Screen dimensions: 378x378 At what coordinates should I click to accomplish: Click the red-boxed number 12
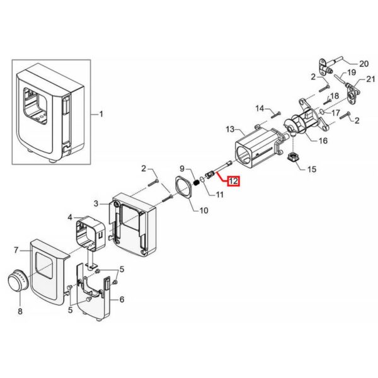pos(233,181)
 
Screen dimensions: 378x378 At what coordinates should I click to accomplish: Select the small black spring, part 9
pos(197,183)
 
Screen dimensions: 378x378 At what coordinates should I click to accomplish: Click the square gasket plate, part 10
pos(184,187)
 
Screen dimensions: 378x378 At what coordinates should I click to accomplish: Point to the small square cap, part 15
pos(294,157)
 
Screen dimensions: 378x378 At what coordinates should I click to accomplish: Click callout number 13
pos(230,129)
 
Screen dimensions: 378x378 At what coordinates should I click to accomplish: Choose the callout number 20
pos(364,64)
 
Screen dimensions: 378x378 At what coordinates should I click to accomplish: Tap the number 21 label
pos(370,79)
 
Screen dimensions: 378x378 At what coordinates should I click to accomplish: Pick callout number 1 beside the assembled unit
pos(101,114)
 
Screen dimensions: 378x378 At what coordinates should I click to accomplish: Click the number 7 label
pos(16,250)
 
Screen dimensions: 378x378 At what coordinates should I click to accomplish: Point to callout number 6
pos(122,299)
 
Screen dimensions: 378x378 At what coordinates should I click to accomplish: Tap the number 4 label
pos(70,218)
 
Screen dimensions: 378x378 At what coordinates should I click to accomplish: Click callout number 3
pos(96,204)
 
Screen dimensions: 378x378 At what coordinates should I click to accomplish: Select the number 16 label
pos(323,140)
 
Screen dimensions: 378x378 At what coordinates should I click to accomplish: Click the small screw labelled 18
pos(326,101)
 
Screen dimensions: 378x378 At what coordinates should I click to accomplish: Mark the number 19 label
pos(352,72)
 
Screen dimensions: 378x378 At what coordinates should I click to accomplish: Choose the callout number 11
pos(219,194)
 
